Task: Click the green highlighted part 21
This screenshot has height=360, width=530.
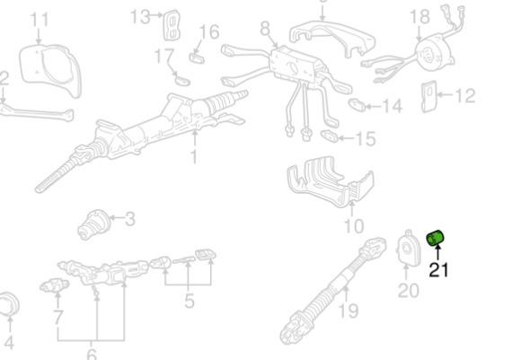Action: click(435, 238)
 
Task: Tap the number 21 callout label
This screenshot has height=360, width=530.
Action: click(438, 270)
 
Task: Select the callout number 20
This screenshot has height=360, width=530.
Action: click(409, 290)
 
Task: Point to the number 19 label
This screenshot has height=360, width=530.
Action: click(348, 311)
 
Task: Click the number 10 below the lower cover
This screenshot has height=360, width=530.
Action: click(354, 226)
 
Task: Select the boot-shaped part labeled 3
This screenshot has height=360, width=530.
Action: click(94, 224)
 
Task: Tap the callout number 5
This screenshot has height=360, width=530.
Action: click(190, 301)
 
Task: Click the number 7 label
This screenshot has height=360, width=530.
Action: click(58, 318)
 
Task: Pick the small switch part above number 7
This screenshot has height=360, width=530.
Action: click(54, 286)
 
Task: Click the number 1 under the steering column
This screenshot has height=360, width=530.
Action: click(194, 157)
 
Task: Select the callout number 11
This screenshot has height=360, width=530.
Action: click(40, 20)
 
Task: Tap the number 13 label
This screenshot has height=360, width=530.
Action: click(140, 16)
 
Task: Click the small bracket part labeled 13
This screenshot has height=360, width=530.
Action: click(172, 24)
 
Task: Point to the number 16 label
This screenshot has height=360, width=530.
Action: click(209, 31)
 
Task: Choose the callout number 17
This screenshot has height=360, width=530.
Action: click(164, 56)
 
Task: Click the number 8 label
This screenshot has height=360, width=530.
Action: click(265, 29)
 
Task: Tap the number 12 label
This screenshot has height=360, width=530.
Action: click(465, 95)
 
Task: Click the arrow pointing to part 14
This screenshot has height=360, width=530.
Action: click(373, 106)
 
